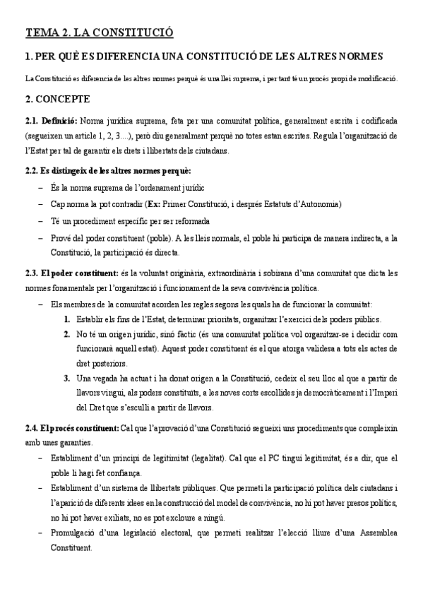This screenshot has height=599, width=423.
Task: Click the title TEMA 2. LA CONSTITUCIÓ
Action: pos(100,32)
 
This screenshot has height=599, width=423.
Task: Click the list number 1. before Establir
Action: pos(67,319)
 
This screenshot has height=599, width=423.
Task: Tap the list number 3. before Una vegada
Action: pos(67,379)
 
